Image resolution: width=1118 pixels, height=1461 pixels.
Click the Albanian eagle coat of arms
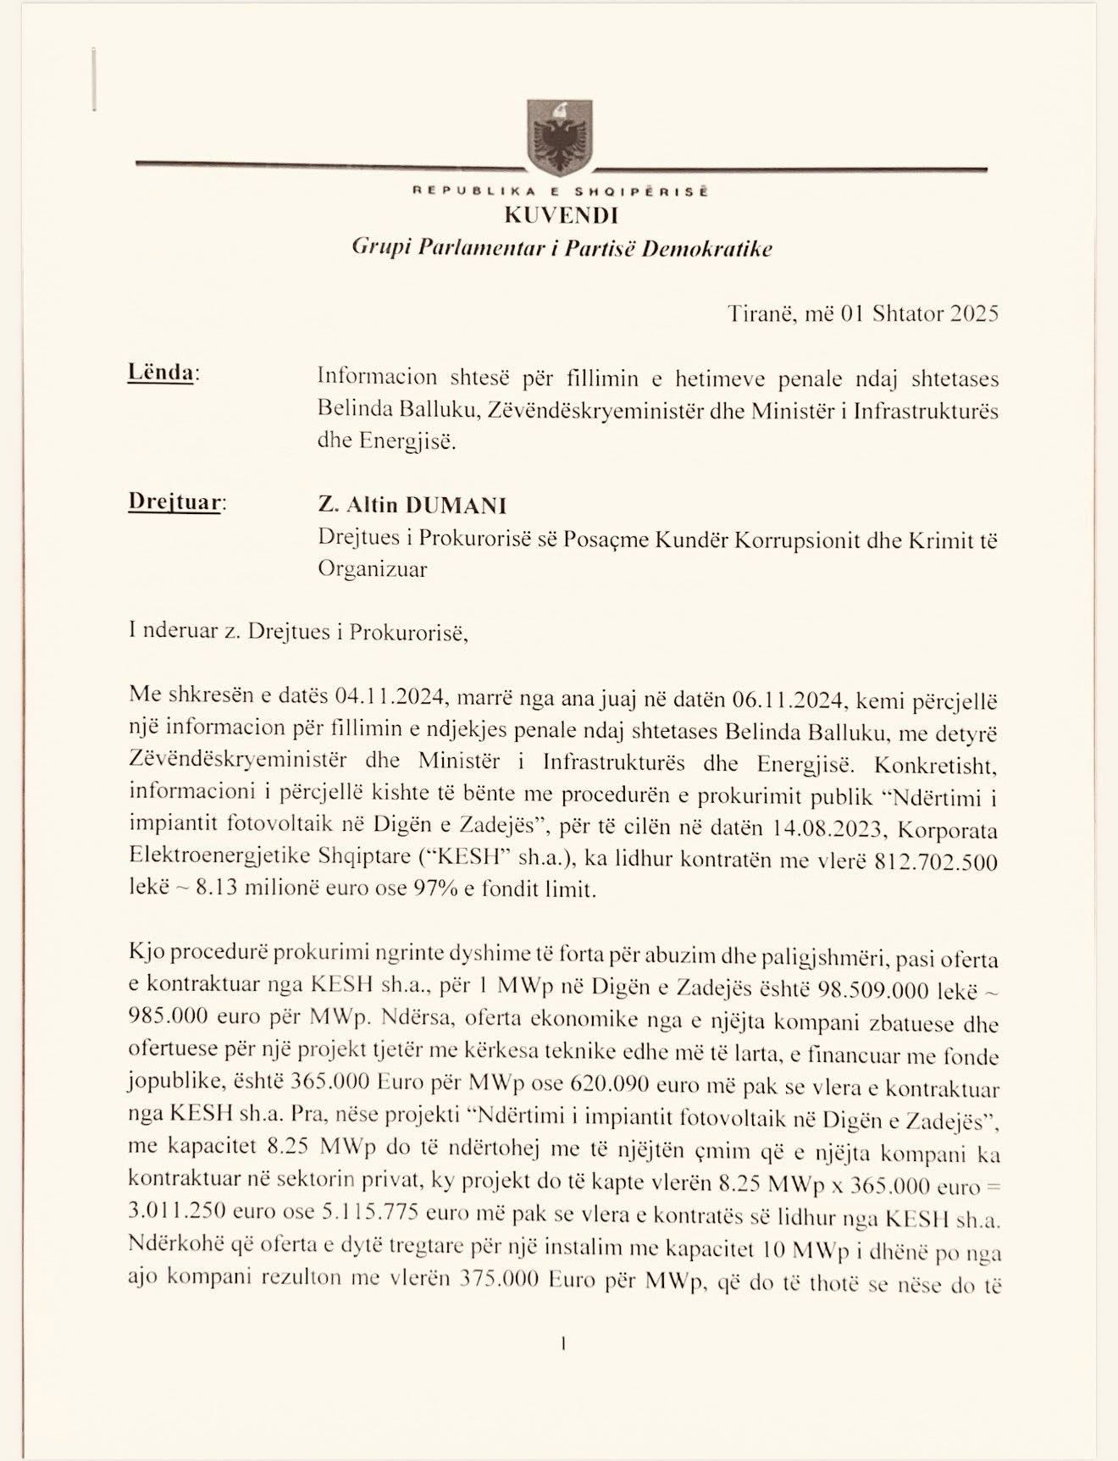558,136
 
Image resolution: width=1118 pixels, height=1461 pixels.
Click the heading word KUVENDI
561,215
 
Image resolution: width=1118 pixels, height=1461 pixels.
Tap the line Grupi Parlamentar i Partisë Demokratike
562,248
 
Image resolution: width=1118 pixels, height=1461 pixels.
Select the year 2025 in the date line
974,313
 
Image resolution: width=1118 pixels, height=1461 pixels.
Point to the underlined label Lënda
160,373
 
